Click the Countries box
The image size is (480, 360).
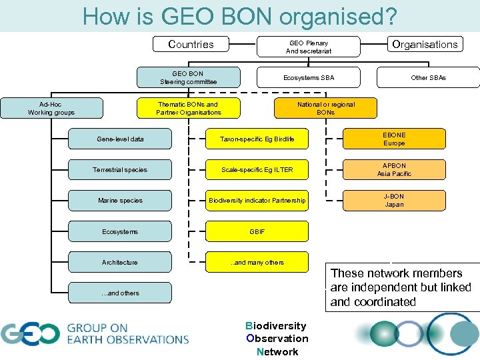[191, 45]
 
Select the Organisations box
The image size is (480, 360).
[425, 45]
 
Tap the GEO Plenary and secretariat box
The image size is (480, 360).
[309, 47]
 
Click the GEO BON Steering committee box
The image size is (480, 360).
[189, 77]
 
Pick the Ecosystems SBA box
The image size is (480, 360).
[309, 78]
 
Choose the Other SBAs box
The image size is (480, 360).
[428, 78]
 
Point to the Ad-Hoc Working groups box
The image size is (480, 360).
[51, 108]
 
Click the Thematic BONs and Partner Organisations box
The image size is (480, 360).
[189, 108]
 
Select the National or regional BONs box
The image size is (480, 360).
[326, 108]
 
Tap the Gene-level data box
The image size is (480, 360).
[120, 139]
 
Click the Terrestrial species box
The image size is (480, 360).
[120, 170]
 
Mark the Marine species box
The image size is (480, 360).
[120, 201]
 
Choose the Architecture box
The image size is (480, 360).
[120, 262]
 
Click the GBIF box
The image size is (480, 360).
[257, 231]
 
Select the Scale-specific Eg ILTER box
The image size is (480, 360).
[257, 170]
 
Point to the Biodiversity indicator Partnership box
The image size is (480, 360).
[257, 201]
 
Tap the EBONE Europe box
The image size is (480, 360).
[394, 139]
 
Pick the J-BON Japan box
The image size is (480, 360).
[394, 201]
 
